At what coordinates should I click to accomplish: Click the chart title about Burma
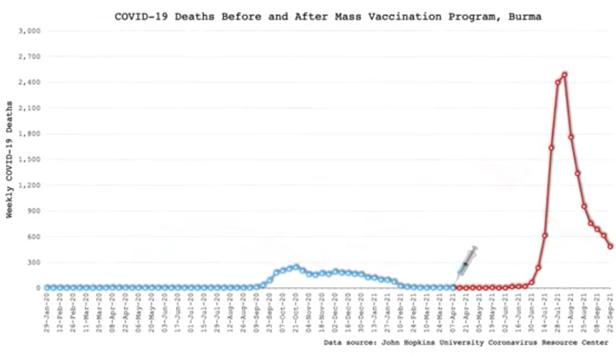pos(328,16)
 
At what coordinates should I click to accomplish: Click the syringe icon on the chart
pos(466,263)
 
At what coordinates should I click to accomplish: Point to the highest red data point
pos(564,75)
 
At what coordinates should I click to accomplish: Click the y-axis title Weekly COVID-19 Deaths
pos(9,160)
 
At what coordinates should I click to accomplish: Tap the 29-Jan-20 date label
pos(47,309)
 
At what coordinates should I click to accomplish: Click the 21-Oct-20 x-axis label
pos(296,309)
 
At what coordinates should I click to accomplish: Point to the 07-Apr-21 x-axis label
pos(453,309)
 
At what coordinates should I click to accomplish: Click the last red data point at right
pos(610,247)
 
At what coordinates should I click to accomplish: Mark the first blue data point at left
pos(47,288)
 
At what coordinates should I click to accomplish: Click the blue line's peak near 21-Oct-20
pos(296,267)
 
